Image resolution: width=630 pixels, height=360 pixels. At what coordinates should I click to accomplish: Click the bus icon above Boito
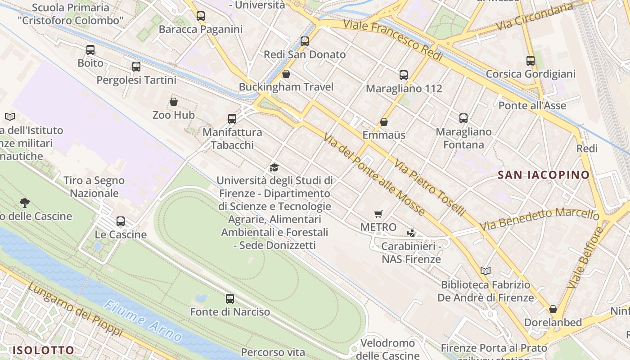tap(90, 50)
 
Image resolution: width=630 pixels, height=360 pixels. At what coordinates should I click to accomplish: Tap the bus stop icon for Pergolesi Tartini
tap(136, 67)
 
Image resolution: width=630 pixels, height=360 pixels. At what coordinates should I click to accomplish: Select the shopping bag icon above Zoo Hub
tap(174, 102)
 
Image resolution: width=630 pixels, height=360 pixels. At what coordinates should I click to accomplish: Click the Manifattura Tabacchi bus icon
tap(232, 119)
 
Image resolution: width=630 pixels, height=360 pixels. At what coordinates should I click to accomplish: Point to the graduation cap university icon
tap(274, 168)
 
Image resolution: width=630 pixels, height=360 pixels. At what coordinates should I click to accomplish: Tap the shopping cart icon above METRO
tap(378, 214)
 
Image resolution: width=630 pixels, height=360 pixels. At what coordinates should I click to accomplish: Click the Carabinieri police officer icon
tap(411, 233)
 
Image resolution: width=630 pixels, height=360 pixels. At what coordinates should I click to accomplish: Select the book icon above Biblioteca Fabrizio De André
tap(486, 271)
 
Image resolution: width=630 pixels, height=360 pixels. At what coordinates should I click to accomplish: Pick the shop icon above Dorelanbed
tap(553, 309)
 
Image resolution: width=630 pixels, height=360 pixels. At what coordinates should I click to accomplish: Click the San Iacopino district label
tap(544, 175)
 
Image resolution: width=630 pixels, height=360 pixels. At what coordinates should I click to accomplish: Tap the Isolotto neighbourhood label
tap(43, 350)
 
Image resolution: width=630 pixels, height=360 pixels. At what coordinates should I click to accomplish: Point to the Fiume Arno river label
tap(143, 321)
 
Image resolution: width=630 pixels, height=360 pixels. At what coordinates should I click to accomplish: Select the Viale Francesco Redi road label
tap(393, 40)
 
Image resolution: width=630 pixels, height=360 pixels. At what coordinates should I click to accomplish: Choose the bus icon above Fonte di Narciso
tap(230, 298)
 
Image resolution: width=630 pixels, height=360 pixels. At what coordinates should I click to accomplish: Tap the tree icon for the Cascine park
tap(25, 203)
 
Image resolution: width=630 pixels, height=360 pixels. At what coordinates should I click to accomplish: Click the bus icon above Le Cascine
tap(121, 221)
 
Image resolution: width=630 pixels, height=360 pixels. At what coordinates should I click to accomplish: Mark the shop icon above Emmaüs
tap(384, 122)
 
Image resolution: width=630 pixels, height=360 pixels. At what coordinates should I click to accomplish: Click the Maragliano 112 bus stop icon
tap(404, 75)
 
